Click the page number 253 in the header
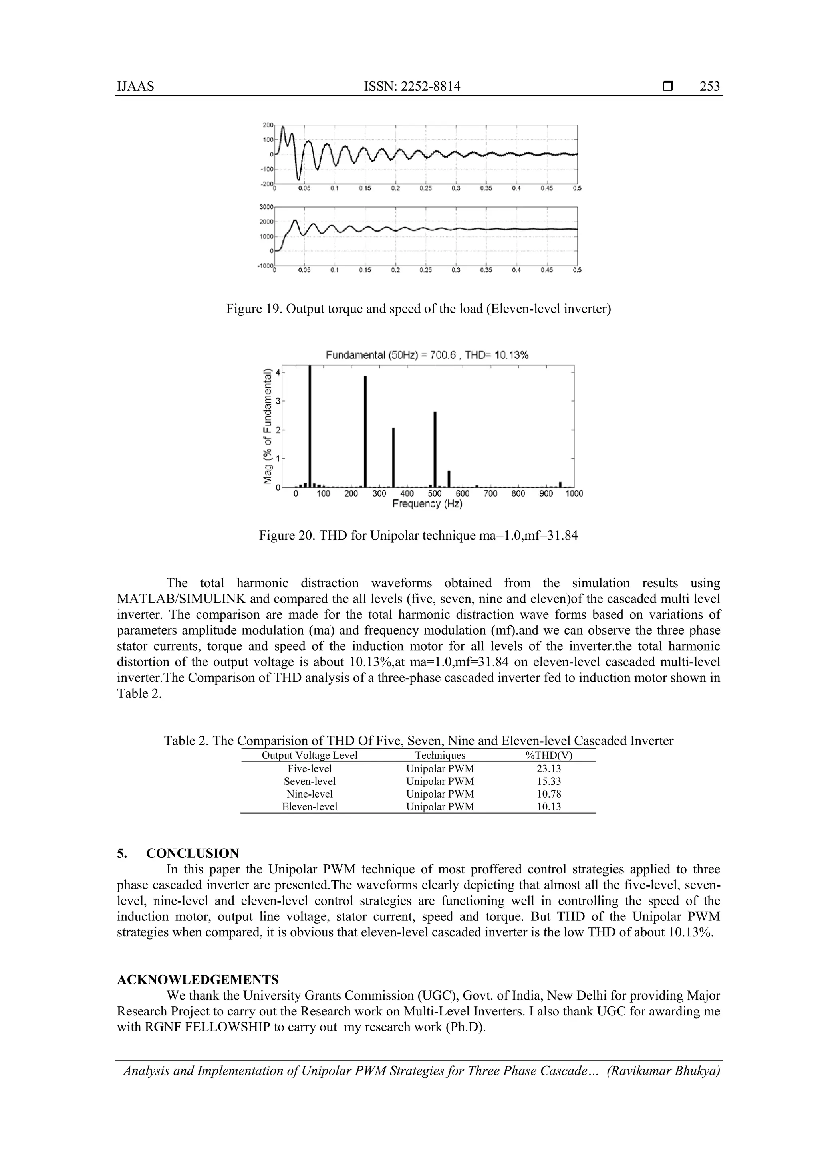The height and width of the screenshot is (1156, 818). (709, 86)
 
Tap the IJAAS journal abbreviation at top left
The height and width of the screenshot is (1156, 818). (135, 86)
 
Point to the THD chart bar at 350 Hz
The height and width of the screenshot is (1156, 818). (393, 457)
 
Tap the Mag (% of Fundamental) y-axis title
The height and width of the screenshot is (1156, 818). (268, 426)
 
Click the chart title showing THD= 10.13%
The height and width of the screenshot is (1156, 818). (427, 355)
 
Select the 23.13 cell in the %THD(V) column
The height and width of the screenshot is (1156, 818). (548, 769)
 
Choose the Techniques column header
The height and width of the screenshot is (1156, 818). (440, 755)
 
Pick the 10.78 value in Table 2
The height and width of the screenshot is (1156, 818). (548, 794)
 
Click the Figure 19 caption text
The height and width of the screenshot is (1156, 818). (418, 309)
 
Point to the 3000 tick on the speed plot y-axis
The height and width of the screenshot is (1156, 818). (266, 207)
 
